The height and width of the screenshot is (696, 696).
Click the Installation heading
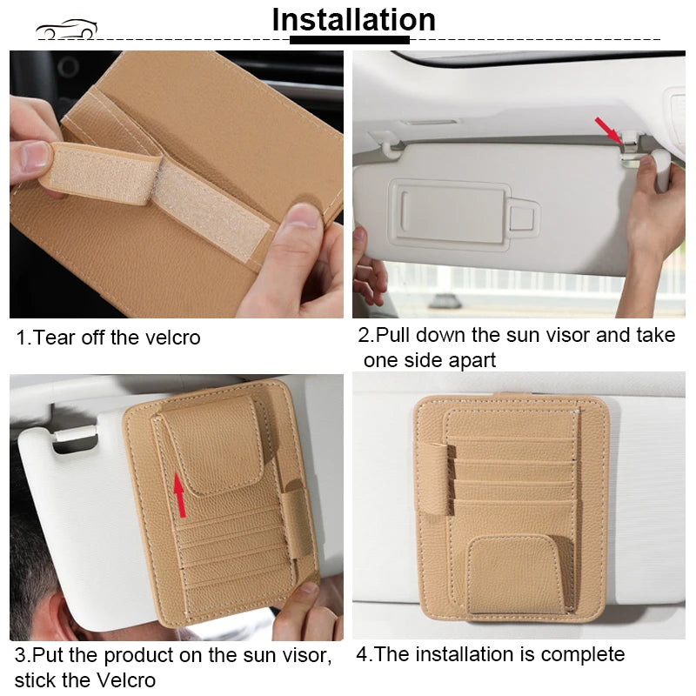[353, 19]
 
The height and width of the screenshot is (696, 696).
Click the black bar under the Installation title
[349, 40]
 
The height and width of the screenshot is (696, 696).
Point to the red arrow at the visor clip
[608, 130]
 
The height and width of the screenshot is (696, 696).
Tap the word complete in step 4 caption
[584, 654]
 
